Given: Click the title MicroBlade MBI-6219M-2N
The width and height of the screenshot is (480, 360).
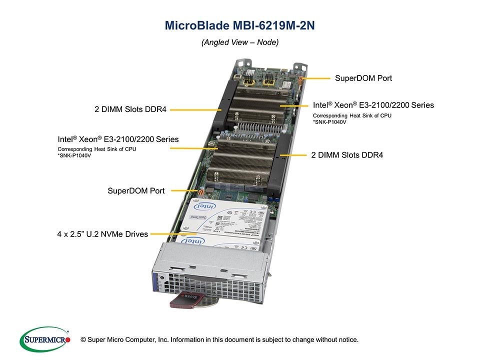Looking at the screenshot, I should point(239,25).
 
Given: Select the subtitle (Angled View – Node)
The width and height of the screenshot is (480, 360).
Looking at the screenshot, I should point(239,42).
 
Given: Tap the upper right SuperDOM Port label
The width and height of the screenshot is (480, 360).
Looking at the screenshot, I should point(363,78).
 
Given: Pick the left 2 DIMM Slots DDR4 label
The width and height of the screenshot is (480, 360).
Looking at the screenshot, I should point(130,109).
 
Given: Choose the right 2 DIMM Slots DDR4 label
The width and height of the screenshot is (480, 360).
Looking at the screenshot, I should point(347,155).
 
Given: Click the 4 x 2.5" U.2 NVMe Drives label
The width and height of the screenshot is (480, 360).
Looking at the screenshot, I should point(102,233).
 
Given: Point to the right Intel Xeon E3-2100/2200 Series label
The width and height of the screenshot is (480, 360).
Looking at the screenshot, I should point(373,105).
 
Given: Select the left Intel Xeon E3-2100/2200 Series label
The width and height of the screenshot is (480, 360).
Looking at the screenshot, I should point(118,139).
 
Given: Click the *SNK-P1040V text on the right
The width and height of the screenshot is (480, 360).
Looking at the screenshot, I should point(329,122).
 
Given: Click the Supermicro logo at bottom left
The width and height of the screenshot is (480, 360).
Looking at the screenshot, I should point(45,339).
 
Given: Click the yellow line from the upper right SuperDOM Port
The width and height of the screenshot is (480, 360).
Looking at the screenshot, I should point(317,78).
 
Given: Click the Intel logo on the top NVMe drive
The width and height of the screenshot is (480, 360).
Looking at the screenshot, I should point(209,206).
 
